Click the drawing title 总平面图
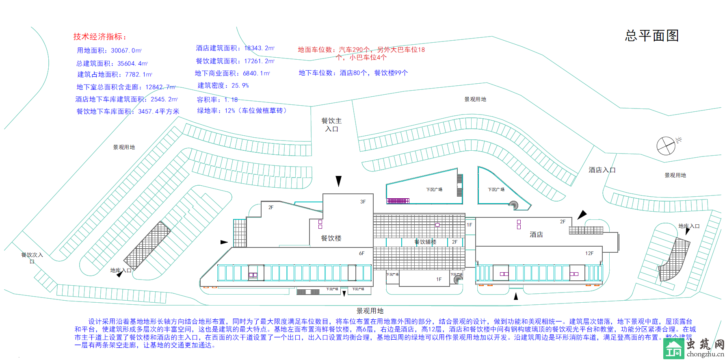pyautogui.click(x=651, y=36)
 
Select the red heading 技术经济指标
pyautogui.click(x=100, y=37)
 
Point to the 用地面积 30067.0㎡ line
pyautogui.click(x=109, y=51)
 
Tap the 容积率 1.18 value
pyautogui.click(x=217, y=100)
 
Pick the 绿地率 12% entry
pyautogui.click(x=242, y=111)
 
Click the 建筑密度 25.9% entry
pyautogui.click(x=223, y=86)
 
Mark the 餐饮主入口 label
pyautogui.click(x=331, y=125)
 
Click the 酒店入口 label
pyautogui.click(x=602, y=170)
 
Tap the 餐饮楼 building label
pyautogui.click(x=331, y=238)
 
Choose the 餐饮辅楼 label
pyautogui.click(x=425, y=242)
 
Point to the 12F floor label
pyautogui.click(x=589, y=253)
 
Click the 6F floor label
pyautogui.click(x=361, y=253)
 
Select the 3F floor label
pyautogui.click(x=363, y=202)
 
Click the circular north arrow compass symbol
pyautogui.click(x=666, y=146)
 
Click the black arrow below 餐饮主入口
pyautogui.click(x=338, y=181)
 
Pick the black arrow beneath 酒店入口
pyautogui.click(x=582, y=214)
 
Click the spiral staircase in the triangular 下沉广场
pyautogui.click(x=514, y=205)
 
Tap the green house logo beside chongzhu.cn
pyautogui.click(x=673, y=348)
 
